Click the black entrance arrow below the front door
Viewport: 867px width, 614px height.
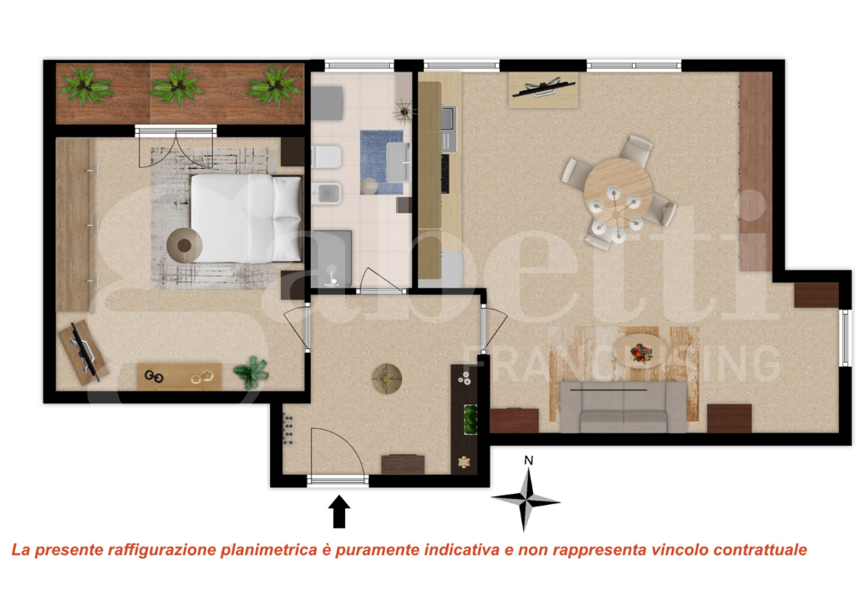tap(339, 512)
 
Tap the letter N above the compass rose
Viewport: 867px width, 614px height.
tap(529, 460)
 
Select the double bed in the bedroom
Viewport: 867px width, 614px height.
tap(245, 217)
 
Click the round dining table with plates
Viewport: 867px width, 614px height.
tap(619, 193)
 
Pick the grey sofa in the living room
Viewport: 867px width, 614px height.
tap(623, 407)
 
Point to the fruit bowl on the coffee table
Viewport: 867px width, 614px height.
tap(640, 351)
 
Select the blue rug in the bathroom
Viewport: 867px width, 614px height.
tap(381, 161)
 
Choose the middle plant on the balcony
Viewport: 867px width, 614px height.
tap(177, 85)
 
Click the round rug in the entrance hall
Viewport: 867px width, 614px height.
tap(388, 378)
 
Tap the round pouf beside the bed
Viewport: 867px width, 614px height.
tap(184, 246)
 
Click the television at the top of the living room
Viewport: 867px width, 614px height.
tap(543, 86)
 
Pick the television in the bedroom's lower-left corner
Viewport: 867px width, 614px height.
tap(83, 350)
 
